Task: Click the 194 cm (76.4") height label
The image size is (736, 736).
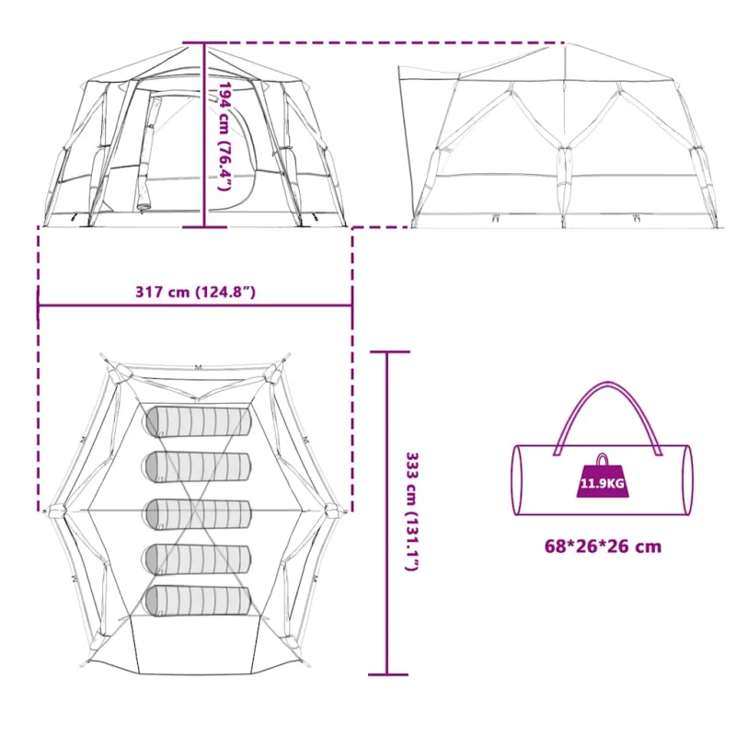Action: pyautogui.click(x=225, y=136)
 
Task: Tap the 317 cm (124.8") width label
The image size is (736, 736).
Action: pyautogui.click(x=196, y=292)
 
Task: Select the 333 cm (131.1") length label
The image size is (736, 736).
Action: pyautogui.click(x=411, y=512)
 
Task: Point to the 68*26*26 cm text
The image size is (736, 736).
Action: pyautogui.click(x=603, y=546)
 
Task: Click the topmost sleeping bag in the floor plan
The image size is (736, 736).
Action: pyautogui.click(x=199, y=421)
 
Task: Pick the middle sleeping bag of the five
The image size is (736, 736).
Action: pyautogui.click(x=197, y=514)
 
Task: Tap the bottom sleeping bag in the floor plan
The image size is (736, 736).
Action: pyautogui.click(x=197, y=601)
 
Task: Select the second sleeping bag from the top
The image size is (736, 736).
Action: pyautogui.click(x=197, y=467)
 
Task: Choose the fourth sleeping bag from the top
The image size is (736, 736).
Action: pyautogui.click(x=197, y=559)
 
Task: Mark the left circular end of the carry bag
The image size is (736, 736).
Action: pyautogui.click(x=518, y=479)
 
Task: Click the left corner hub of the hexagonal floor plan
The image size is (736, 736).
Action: pyautogui.click(x=56, y=511)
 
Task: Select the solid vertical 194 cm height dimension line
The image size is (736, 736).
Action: pyautogui.click(x=204, y=135)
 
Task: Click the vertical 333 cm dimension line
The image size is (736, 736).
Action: pyautogui.click(x=387, y=513)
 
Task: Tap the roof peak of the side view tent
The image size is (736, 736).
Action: pyautogui.click(x=566, y=43)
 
